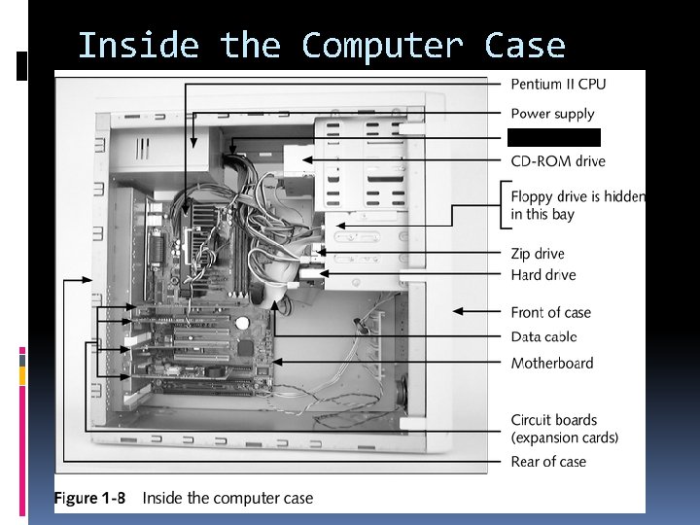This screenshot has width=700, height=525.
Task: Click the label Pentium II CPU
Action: [557, 84]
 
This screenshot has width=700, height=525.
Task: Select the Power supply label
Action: [552, 114]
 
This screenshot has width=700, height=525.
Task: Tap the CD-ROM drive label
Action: [557, 161]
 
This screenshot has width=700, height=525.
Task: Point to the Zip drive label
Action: [538, 254]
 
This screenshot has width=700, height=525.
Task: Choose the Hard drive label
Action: [542, 275]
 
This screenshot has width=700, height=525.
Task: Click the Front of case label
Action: [550, 312]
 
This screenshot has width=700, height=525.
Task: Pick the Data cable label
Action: [543, 336]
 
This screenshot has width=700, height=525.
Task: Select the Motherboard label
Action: [551, 363]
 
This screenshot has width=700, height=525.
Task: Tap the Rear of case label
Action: [548, 461]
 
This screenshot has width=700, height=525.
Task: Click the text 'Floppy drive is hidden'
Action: [577, 196]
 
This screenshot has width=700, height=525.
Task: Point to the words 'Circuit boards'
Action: [554, 420]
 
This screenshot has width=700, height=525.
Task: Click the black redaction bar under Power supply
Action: [553, 137]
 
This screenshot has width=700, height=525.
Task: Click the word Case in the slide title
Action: [526, 46]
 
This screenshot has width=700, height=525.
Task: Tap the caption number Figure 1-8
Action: [89, 498]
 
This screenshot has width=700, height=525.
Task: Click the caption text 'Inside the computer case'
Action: [227, 498]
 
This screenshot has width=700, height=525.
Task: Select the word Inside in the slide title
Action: [137, 46]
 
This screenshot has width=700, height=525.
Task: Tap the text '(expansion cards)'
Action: [564, 437]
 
